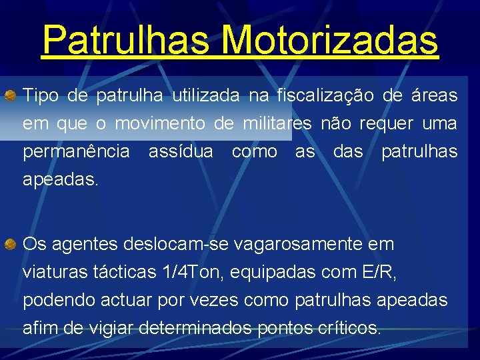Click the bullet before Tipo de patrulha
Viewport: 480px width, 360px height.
[x=11, y=96]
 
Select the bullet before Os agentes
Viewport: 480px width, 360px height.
[x=11, y=245]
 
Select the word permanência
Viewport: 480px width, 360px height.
[x=76, y=152]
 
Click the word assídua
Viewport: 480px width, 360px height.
[x=181, y=152]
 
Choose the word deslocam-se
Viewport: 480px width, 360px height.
[x=175, y=245]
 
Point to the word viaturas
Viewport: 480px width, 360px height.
[x=53, y=273]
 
